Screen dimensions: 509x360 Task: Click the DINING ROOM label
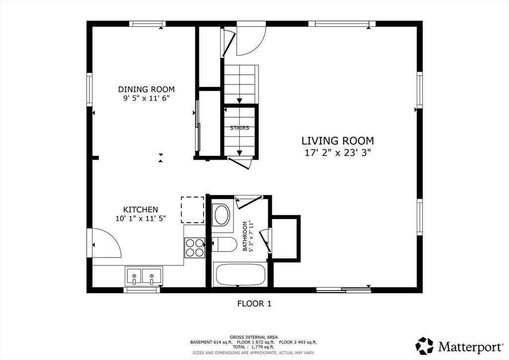(146, 90)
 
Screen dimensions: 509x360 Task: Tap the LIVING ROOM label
(338, 141)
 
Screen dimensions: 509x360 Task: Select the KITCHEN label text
(141, 210)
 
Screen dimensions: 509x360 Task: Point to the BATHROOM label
(245, 236)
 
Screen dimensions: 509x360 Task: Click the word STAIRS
(240, 128)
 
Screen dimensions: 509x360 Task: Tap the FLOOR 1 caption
(254, 303)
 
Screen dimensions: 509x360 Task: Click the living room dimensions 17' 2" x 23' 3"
(338, 153)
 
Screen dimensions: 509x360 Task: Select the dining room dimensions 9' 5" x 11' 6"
(147, 98)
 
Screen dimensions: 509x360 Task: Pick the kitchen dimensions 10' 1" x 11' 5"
(141, 218)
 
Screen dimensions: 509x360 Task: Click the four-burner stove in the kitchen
(195, 248)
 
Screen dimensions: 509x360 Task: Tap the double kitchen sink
(144, 276)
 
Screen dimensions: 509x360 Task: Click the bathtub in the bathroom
(240, 275)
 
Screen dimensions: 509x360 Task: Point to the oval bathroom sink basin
(222, 215)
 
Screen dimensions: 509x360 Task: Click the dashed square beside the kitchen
(192, 210)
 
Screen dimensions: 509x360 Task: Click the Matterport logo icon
(424, 346)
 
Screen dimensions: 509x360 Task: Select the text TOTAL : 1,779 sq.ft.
(254, 347)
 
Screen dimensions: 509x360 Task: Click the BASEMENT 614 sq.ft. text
(211, 342)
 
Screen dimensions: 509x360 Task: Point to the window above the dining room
(147, 24)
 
